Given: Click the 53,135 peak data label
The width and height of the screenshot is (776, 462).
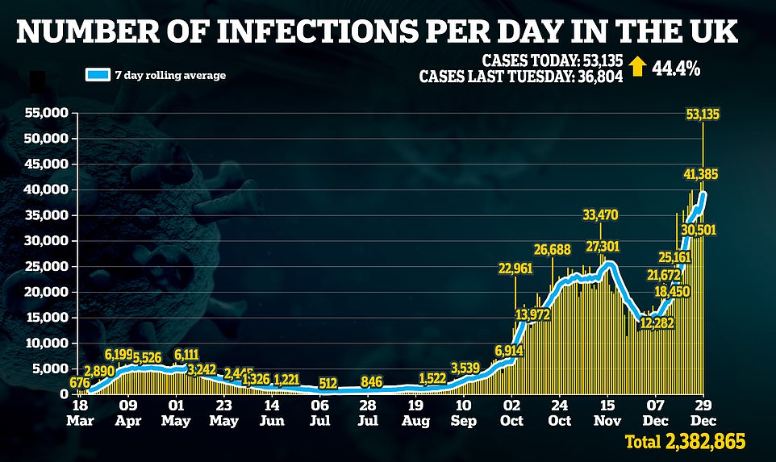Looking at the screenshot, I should [703, 114].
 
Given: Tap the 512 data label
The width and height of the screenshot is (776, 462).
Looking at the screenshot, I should [328, 382].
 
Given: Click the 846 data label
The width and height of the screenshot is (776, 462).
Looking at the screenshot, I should [372, 381].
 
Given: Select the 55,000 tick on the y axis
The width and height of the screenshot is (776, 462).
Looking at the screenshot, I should [44, 113].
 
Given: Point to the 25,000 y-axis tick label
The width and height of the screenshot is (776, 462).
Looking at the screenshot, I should [44, 266].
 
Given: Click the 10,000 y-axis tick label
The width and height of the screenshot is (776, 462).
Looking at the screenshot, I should [44, 343].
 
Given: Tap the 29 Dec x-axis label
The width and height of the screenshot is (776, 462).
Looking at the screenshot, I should [703, 414].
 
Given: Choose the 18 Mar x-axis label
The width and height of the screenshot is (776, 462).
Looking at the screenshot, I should [79, 414].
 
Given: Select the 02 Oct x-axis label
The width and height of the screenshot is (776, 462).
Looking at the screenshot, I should [511, 414].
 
